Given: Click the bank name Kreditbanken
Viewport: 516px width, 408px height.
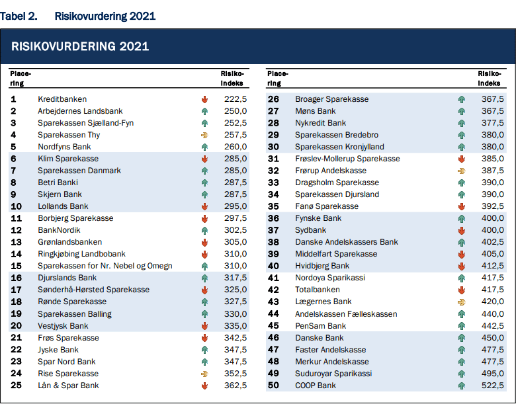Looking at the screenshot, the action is tap(62, 99).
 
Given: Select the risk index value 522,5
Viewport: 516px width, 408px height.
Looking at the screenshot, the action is tap(493, 386).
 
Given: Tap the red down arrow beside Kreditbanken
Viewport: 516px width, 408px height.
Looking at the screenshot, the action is tap(204, 99).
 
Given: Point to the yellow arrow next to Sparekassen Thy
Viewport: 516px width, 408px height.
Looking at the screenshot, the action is tap(204, 135).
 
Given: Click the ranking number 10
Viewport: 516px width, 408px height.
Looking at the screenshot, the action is tap(16, 206).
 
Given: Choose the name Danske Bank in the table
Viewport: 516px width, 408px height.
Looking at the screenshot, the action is tap(320, 338).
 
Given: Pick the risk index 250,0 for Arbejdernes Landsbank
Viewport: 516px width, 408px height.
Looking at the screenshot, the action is tap(236, 111).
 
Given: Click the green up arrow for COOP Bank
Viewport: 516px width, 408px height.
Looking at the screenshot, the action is tap(462, 386).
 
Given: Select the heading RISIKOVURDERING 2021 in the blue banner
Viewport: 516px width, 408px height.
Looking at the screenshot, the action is tap(80, 46).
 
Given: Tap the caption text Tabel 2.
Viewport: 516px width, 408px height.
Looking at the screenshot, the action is tap(19, 16).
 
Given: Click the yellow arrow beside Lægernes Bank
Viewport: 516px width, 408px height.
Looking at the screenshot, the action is tap(462, 302).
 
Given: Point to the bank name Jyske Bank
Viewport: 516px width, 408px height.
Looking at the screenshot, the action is tap(58, 350).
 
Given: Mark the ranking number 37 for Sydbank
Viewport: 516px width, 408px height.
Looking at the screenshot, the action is tap(273, 230).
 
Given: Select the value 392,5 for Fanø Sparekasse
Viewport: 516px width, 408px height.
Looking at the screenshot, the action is tap(493, 206).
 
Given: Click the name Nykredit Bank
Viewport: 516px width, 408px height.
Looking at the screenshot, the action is tap(321, 123).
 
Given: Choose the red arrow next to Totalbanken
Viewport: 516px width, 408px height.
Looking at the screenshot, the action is tap(462, 290).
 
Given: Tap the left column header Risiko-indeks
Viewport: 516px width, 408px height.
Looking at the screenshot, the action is tap(232, 78).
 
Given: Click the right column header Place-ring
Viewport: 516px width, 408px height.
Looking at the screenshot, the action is tap(278, 78).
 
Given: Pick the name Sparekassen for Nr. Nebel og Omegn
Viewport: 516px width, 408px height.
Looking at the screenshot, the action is tap(105, 266).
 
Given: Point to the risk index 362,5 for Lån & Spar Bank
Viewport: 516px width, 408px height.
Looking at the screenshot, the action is tap(236, 386).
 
